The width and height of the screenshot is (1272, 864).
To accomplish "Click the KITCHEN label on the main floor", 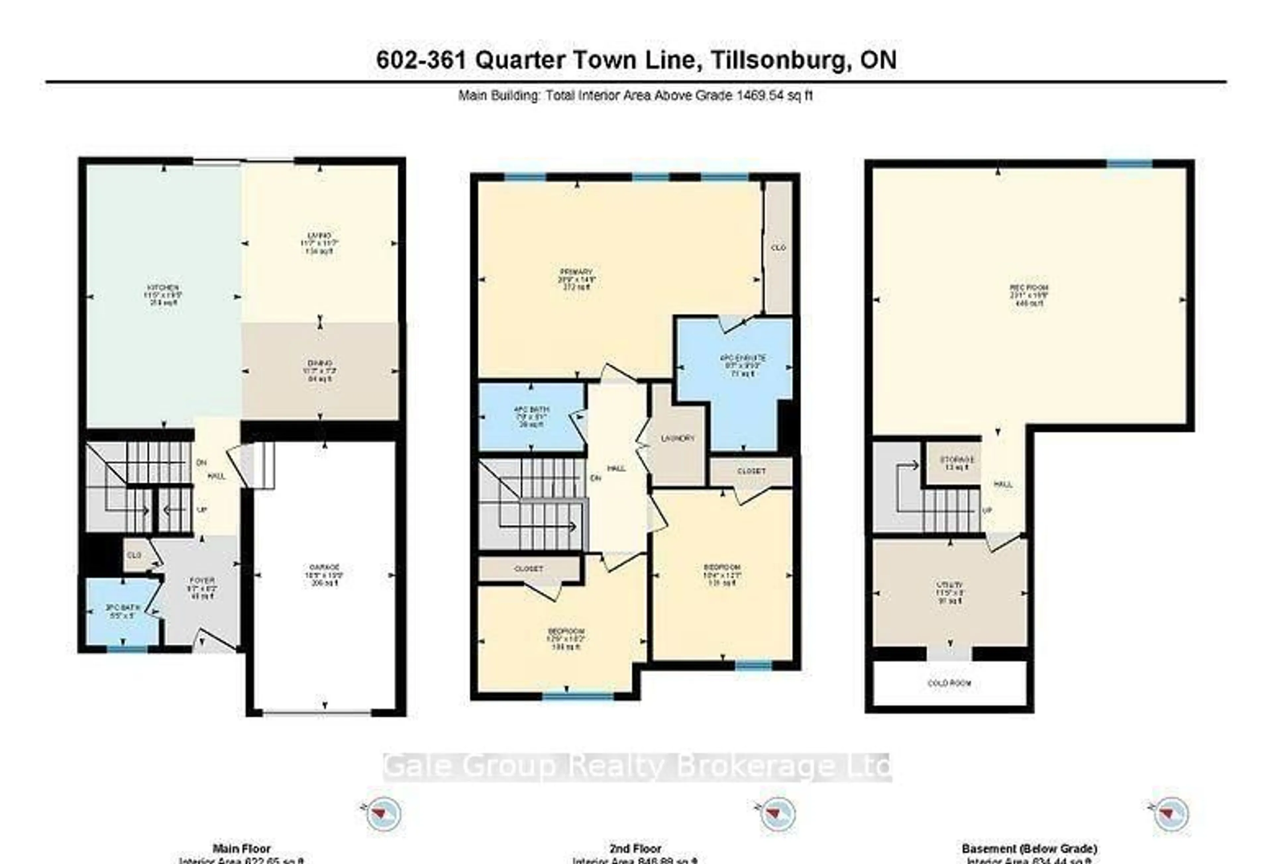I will tap(163, 288).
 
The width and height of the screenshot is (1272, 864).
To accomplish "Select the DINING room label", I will tap(320, 363).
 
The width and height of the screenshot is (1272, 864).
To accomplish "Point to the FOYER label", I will tap(202, 580).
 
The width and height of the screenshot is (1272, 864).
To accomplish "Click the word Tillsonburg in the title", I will tap(777, 60).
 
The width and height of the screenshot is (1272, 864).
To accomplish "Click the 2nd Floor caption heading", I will tap(635, 849).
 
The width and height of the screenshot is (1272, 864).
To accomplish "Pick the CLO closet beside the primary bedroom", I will tap(778, 247).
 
